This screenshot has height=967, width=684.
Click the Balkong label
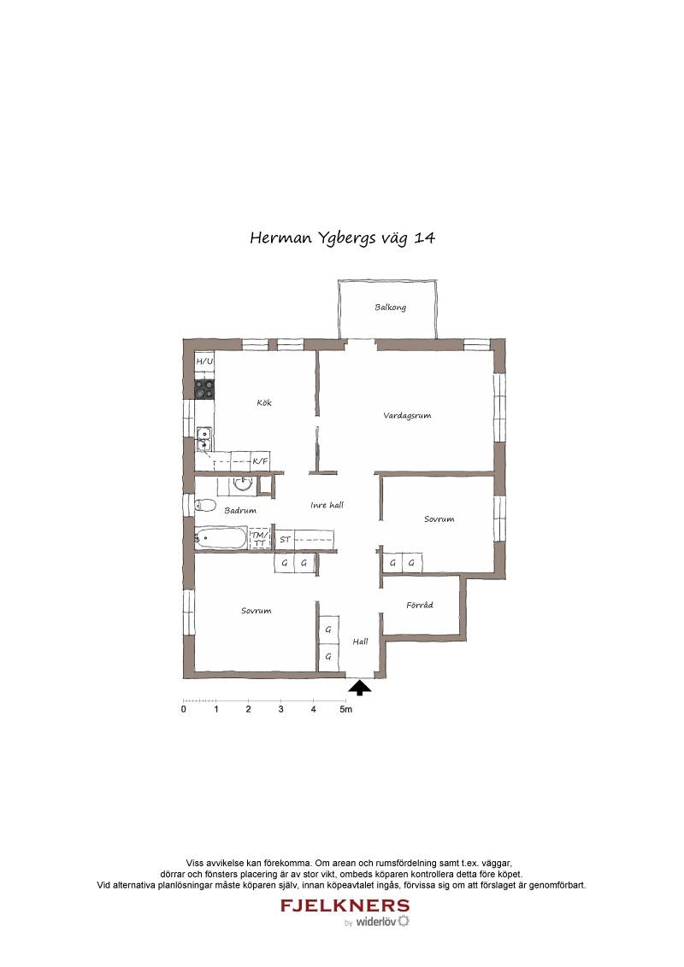390,308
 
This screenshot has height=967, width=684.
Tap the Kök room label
264,402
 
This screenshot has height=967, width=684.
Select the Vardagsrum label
407,416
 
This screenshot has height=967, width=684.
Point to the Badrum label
240,511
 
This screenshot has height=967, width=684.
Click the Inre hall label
327,505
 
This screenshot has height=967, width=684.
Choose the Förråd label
420,605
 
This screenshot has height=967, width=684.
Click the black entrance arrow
360,688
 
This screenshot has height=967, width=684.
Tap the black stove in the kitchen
205,390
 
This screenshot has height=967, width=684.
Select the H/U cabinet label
204,361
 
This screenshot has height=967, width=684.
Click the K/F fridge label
261,460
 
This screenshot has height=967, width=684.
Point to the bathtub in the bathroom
221,538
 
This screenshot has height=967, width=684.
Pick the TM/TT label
261,538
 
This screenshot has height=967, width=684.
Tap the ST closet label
285,540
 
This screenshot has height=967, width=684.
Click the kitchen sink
204,439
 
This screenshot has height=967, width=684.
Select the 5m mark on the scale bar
345,710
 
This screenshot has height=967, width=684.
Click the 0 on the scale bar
183,710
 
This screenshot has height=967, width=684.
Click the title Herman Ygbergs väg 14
342,238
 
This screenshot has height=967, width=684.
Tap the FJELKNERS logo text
345,905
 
